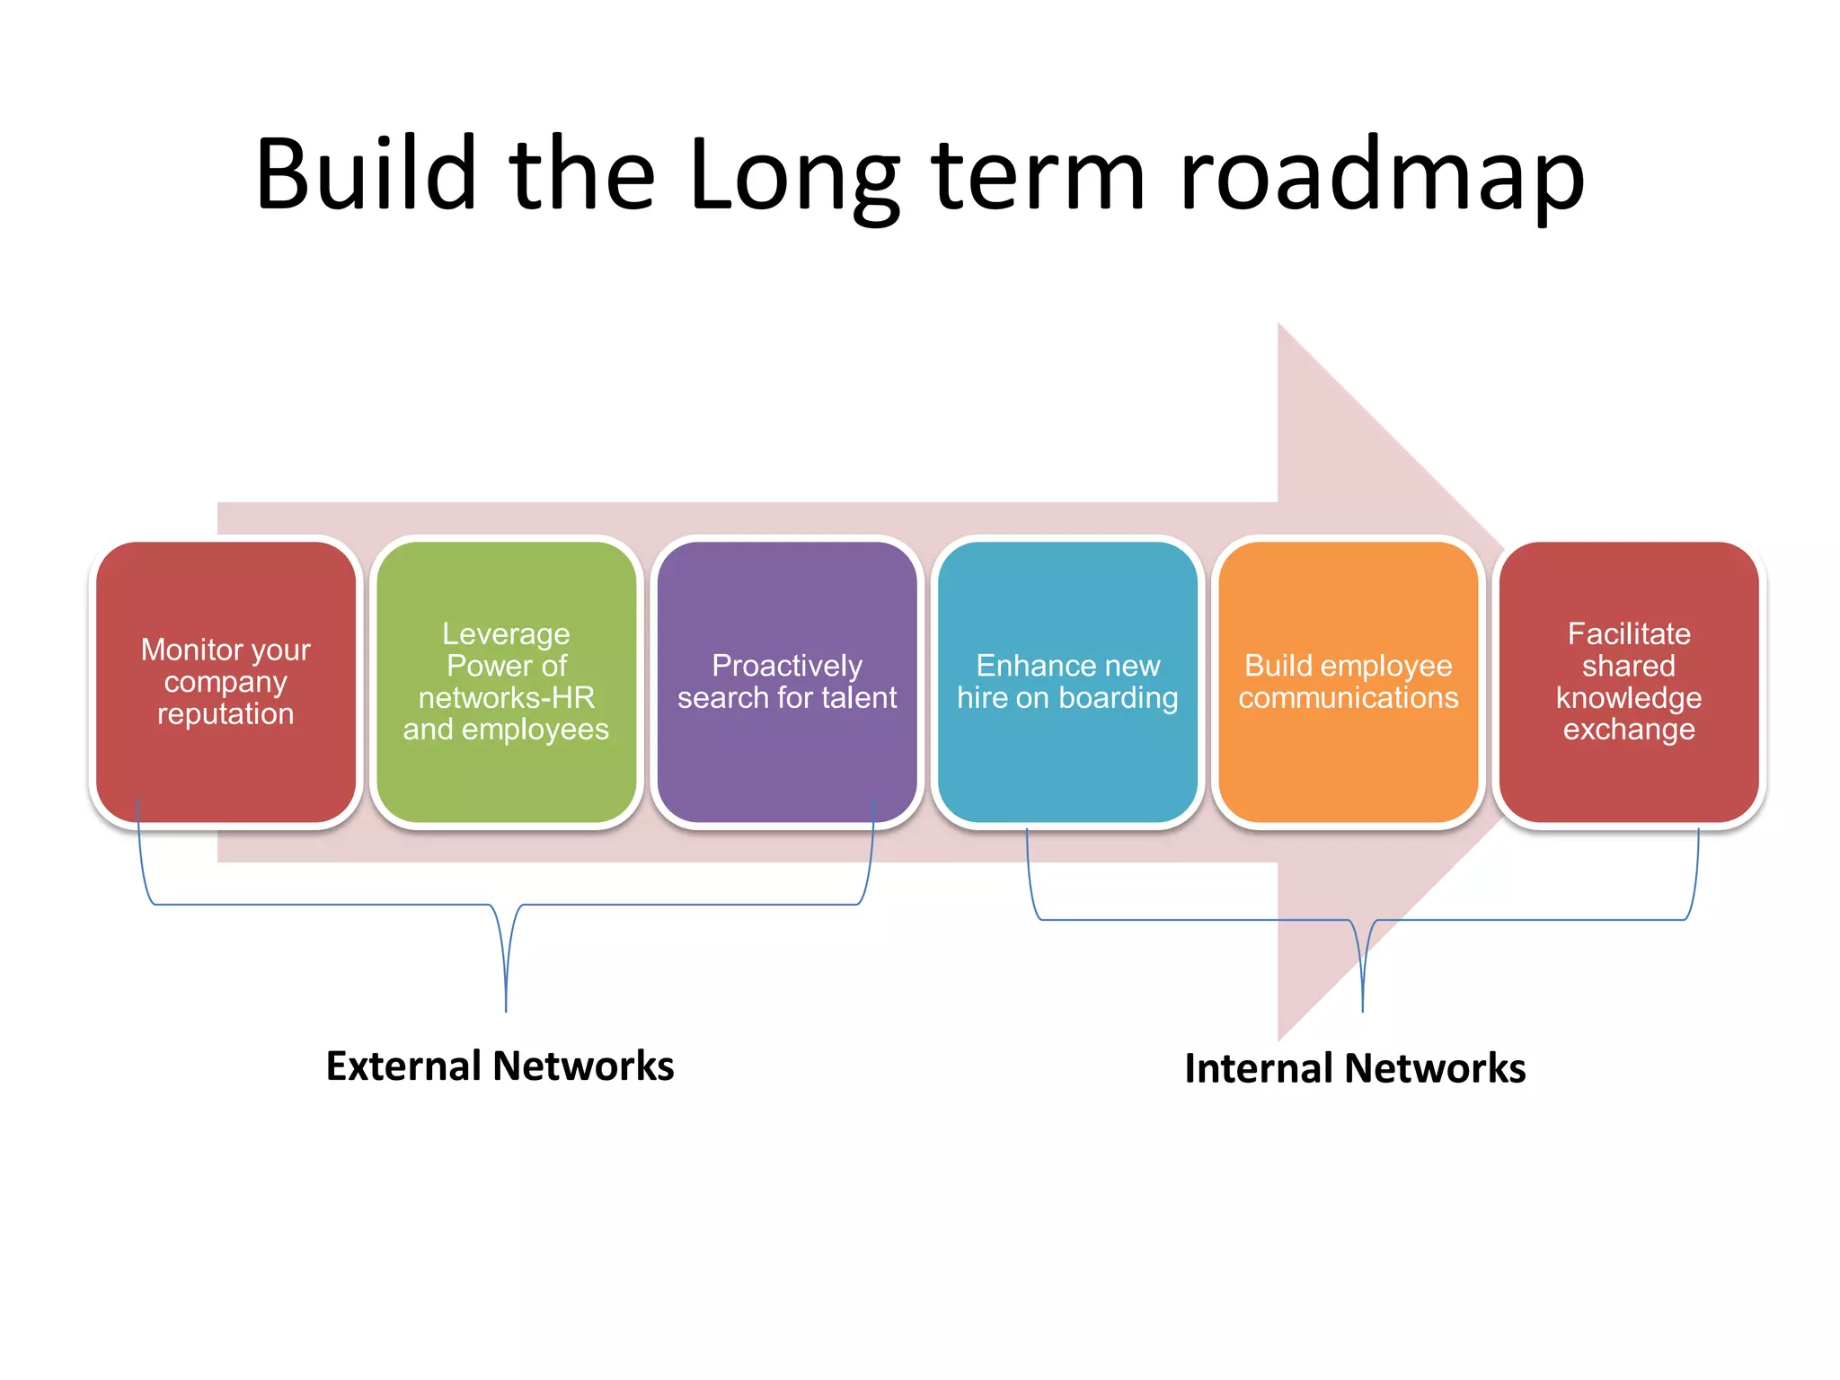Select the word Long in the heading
pos(794,176)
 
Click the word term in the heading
pos(1039,174)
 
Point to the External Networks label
pos(500,1066)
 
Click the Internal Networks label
pos(1355,1068)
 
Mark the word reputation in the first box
pos(226,714)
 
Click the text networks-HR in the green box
pos(506,698)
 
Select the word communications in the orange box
pos(1348,698)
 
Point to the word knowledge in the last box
pos(1629,698)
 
